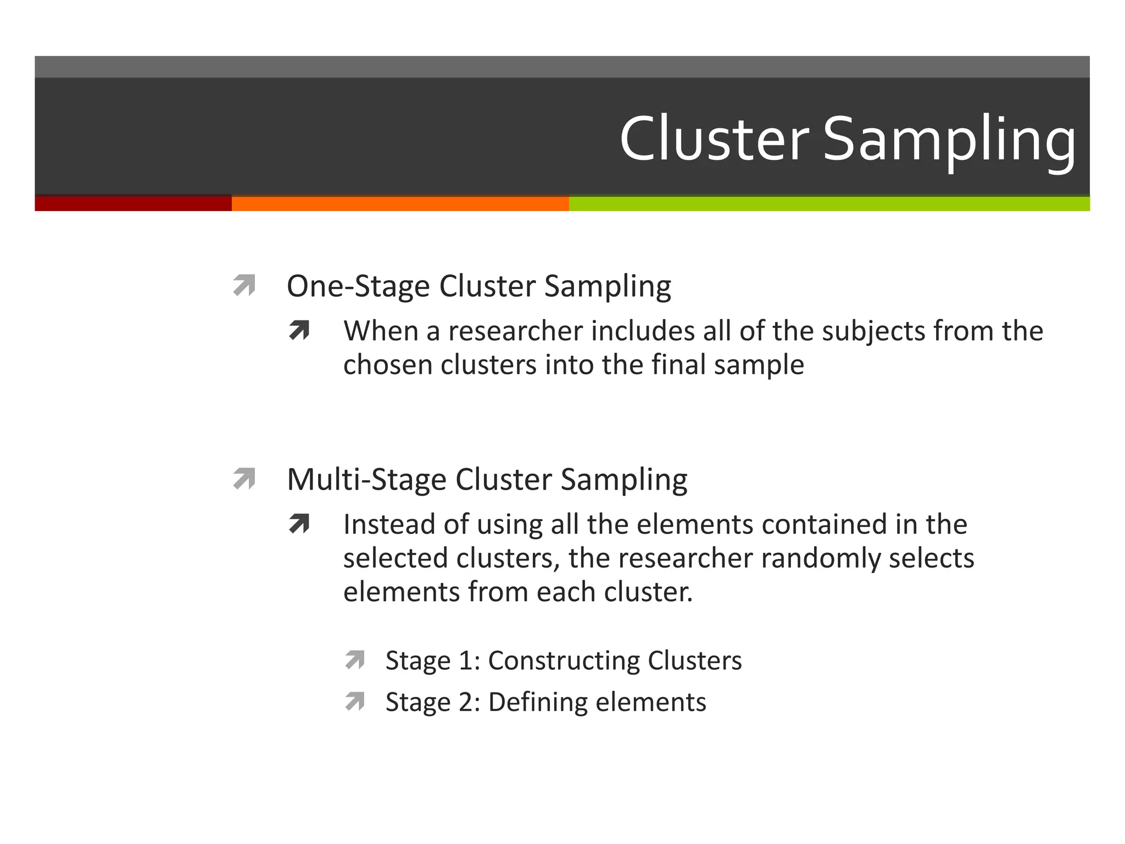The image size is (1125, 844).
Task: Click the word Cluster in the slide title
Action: pos(714,138)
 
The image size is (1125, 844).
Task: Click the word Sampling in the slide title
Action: pos(949,140)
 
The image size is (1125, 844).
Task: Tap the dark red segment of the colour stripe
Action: pos(133,203)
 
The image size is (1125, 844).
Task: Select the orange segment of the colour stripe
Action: pos(400,203)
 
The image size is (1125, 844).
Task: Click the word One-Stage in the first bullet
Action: pos(358,286)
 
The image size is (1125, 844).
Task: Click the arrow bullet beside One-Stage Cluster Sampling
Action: pos(244,285)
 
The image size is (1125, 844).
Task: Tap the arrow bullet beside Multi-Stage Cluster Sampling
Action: pos(244,478)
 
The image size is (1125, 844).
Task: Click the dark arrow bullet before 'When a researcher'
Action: pos(299,330)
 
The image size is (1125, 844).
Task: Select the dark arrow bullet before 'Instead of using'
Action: pos(299,524)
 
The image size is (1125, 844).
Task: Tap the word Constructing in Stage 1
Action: pos(564,660)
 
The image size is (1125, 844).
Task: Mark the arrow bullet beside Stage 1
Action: pos(355,659)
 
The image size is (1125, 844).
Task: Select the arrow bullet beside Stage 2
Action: pos(355,701)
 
